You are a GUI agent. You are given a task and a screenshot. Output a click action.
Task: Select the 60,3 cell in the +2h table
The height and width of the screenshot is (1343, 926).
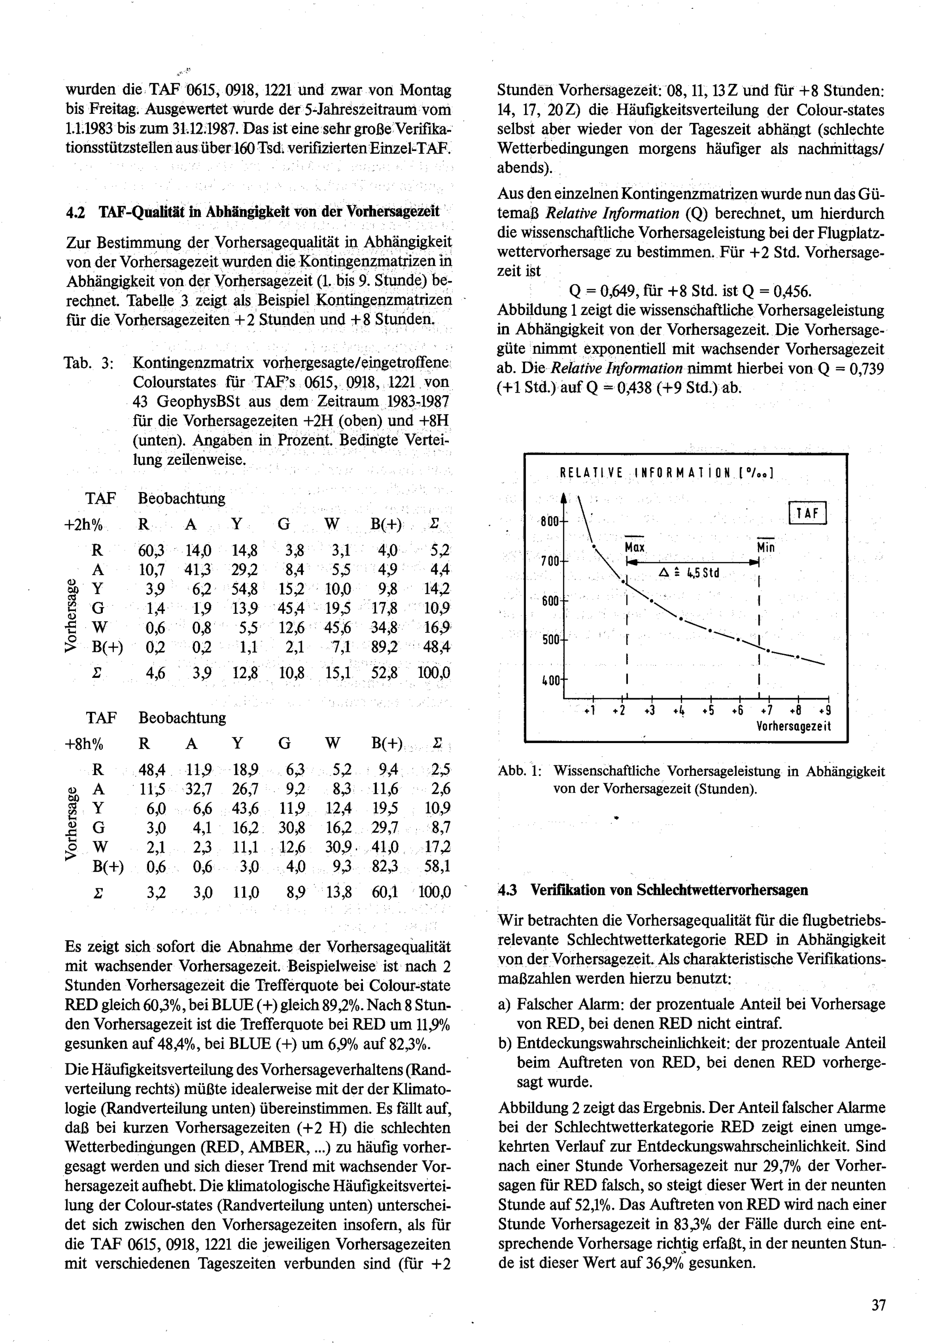tap(151, 550)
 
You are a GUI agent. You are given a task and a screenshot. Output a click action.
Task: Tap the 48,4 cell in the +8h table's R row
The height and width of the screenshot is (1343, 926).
tap(152, 770)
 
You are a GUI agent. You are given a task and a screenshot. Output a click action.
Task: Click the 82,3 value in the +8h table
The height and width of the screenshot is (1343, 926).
tap(385, 866)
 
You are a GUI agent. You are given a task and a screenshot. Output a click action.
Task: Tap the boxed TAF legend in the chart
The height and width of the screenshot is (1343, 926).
tap(807, 513)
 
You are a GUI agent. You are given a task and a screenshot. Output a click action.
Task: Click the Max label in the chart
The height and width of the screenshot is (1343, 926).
tap(635, 548)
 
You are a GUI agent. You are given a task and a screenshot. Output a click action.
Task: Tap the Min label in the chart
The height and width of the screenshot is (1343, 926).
tap(766, 548)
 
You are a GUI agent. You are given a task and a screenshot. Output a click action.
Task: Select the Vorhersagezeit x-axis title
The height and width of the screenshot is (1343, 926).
tap(793, 726)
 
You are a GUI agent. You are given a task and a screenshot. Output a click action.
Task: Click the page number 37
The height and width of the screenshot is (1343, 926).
tap(878, 1306)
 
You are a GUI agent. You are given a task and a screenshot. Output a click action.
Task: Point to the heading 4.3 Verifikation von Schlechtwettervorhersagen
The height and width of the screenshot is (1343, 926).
tap(653, 890)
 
